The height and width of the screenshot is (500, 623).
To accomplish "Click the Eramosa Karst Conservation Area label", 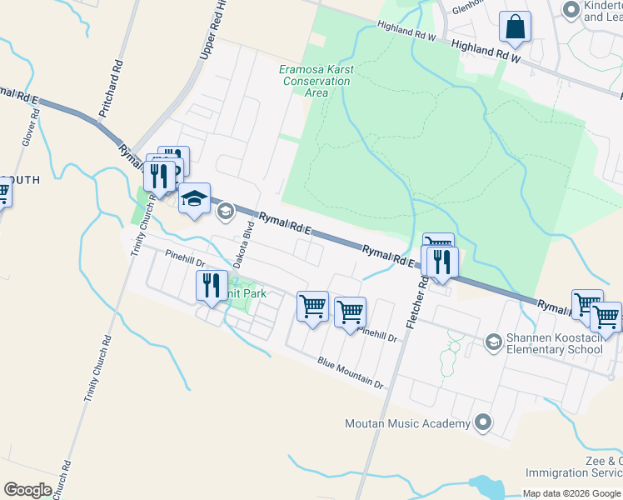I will (x=316, y=81).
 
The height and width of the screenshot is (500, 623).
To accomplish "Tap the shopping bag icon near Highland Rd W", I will (x=516, y=27).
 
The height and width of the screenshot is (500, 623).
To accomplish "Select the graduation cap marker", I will (x=194, y=199).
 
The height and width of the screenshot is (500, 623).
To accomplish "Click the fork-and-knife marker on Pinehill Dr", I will (x=212, y=286).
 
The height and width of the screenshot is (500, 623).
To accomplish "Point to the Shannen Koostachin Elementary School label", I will (x=554, y=343).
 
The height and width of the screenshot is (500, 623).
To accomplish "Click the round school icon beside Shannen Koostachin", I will (x=493, y=342).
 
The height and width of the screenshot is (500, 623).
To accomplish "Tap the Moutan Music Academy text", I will (x=407, y=424).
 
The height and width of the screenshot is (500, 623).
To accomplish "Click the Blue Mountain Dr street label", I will (x=350, y=372).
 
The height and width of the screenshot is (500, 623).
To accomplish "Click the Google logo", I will (x=27, y=490).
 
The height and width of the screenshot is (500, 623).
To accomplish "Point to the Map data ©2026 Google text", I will (x=571, y=493).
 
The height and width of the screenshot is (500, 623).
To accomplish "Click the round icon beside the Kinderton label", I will (x=571, y=10).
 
